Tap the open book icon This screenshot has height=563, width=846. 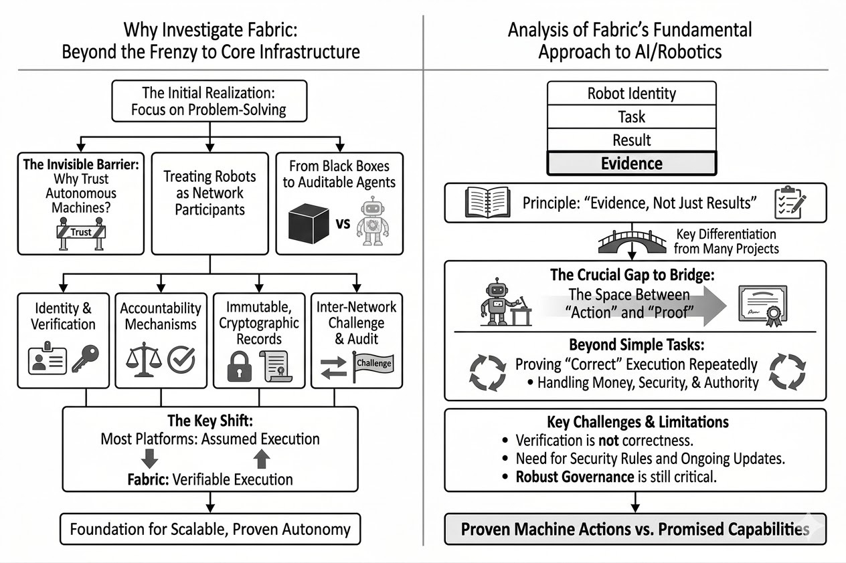pos(483,203)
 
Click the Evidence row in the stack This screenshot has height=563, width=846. pos(631,163)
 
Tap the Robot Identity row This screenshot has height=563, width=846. pos(631,93)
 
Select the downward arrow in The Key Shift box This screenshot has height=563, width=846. pos(151,458)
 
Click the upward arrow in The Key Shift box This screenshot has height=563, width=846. pos(261,458)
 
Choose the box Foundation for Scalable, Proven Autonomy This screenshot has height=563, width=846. pos(210,530)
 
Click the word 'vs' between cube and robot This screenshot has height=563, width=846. pos(343,223)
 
